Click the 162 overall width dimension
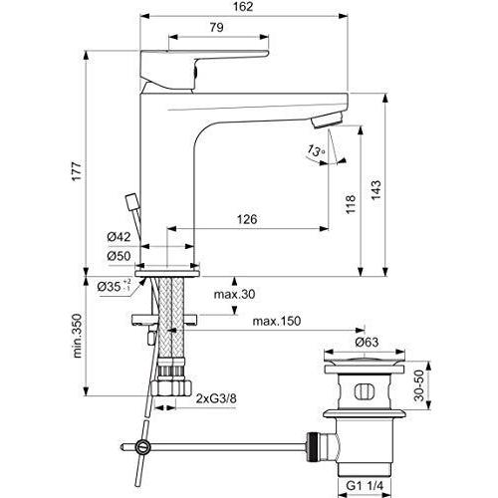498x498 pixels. pos(244,8)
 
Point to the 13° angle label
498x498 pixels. pos(316,151)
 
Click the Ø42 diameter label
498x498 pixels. pos(121,238)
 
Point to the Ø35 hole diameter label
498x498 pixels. pos(115,287)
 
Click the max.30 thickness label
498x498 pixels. pos(234,294)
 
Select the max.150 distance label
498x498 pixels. pos(276,322)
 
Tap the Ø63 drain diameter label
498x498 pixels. pos(369,342)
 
